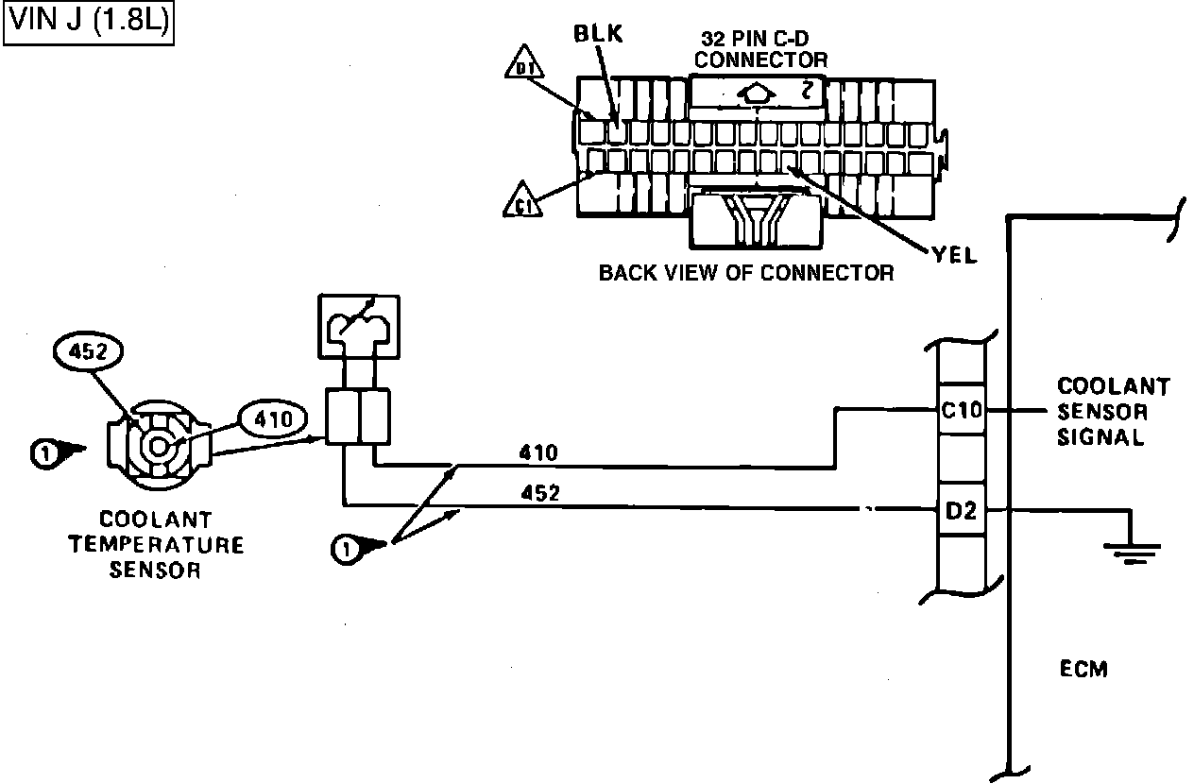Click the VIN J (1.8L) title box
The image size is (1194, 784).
(x=90, y=24)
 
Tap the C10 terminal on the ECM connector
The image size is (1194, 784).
(x=961, y=411)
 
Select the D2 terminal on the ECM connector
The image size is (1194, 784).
(x=961, y=511)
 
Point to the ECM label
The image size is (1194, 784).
(x=1083, y=670)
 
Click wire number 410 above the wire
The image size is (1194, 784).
(x=538, y=453)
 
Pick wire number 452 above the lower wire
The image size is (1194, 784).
(x=538, y=493)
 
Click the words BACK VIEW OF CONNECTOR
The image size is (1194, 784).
(x=746, y=273)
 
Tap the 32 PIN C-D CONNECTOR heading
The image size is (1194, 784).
(x=763, y=49)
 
